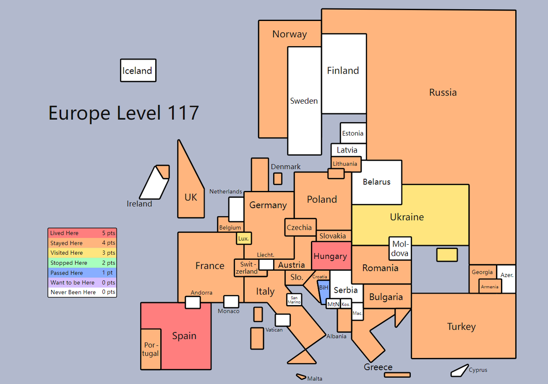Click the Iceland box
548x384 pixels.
click(138, 70)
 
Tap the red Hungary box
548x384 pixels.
click(332, 256)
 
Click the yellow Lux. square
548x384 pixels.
click(244, 238)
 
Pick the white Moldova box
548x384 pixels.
click(400, 248)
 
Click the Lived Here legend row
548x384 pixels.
click(82, 233)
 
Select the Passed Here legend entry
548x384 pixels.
click(82, 273)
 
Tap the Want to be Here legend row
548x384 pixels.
click(82, 283)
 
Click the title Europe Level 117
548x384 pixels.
click(124, 113)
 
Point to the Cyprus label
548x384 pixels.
click(478, 370)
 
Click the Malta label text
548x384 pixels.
click(315, 379)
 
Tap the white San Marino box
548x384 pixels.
click(294, 300)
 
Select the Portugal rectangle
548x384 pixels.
click(151, 349)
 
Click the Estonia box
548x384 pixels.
click(353, 133)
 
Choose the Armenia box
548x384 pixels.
click(490, 286)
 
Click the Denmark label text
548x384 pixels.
click(285, 167)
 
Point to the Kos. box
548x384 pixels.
click(346, 304)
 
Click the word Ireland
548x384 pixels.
click(139, 204)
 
